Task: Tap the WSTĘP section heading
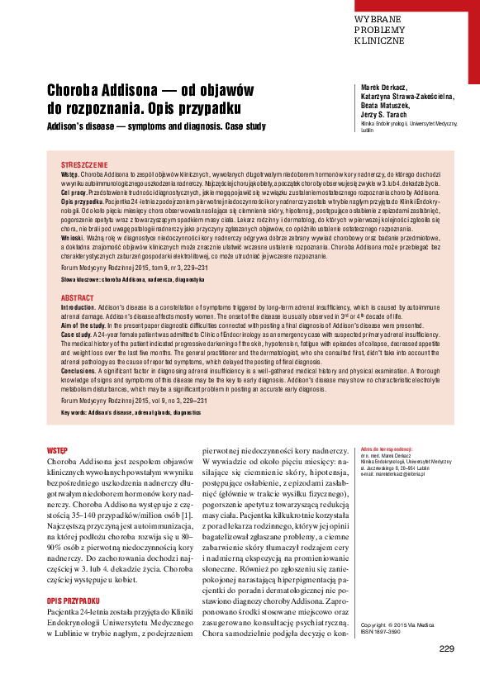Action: (x=58, y=450)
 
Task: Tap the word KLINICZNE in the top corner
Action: (x=379, y=40)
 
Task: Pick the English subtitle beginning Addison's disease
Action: (x=156, y=127)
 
